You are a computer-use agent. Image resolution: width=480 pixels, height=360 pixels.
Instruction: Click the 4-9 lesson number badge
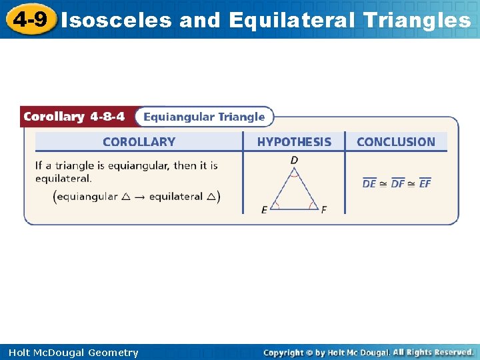point(30,19)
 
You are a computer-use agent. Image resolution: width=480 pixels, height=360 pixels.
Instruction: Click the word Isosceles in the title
point(116,21)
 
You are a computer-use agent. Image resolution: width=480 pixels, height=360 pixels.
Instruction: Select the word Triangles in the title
point(417,21)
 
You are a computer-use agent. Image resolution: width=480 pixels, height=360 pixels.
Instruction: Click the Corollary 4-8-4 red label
point(74,117)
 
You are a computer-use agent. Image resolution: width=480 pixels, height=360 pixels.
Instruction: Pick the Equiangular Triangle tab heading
point(204,117)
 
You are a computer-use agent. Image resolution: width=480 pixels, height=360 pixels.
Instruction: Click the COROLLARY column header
point(139,141)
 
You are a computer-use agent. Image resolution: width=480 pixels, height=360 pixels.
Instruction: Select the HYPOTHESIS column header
point(294,141)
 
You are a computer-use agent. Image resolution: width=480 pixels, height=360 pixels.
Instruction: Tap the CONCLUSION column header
point(395,141)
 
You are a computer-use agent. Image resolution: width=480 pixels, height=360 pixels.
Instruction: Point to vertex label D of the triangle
point(294,160)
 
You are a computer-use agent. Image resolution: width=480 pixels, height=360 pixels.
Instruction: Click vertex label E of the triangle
point(265,210)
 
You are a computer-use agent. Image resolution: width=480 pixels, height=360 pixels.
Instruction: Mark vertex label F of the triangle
point(324,210)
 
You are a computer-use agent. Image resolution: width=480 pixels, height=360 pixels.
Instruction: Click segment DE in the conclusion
point(369,183)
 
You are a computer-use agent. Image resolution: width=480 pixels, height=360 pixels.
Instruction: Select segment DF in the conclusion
point(398,183)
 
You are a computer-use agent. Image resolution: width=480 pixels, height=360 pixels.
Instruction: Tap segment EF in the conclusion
point(425,183)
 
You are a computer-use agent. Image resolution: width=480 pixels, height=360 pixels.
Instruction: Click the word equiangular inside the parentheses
point(87,196)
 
